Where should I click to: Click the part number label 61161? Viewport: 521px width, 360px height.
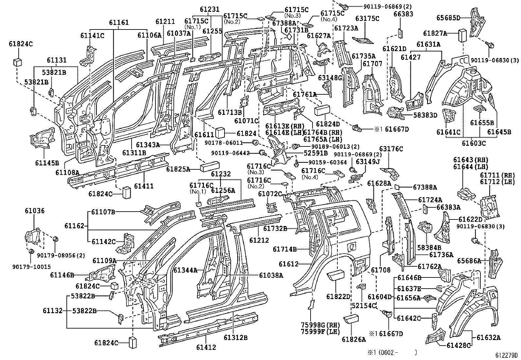click(x=119, y=23)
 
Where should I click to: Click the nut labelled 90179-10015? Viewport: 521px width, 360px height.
click(x=32, y=252)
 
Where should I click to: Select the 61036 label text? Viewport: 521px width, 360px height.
click(x=35, y=211)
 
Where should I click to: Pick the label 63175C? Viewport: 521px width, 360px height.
click(x=367, y=19)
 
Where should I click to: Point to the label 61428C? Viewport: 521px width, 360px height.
click(x=458, y=345)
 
